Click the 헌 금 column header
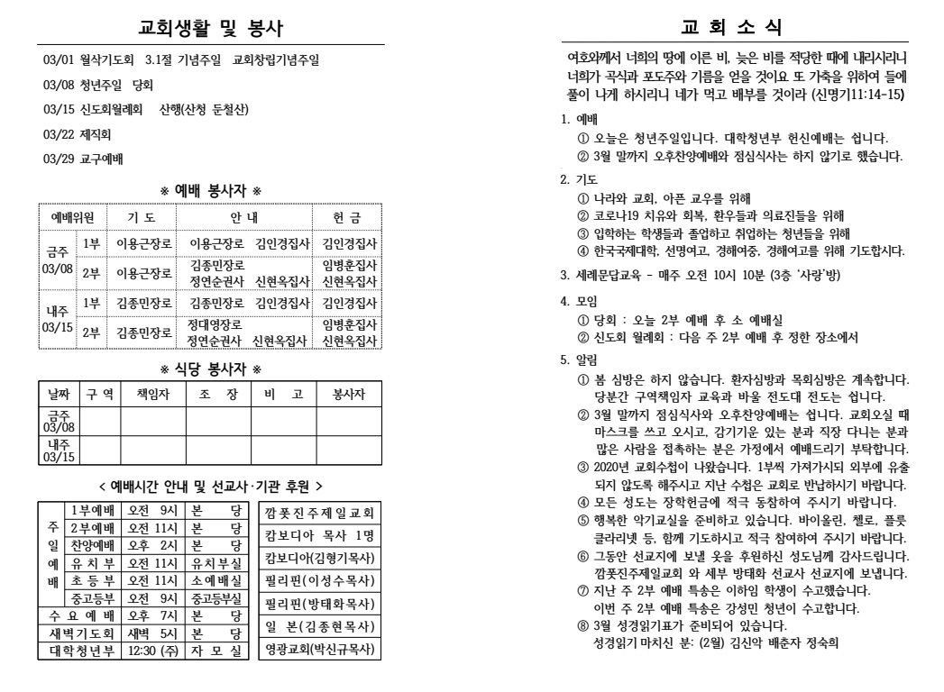[347, 216]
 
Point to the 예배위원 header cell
[72, 216]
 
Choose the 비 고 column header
[277, 394]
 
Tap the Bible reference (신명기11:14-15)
[857, 94]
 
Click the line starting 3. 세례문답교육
[707, 273]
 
